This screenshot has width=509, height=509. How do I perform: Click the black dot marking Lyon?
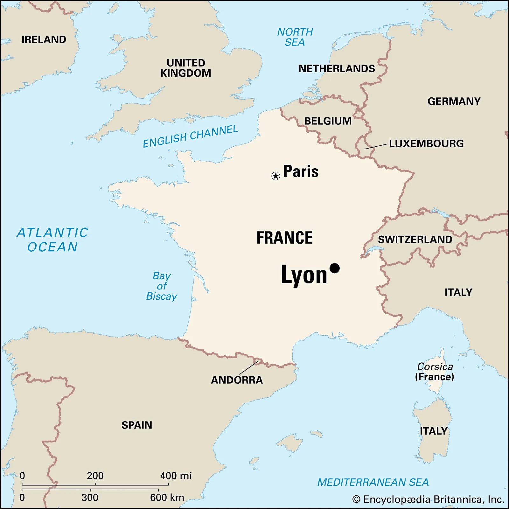(334, 268)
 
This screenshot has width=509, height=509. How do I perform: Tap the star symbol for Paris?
(275, 176)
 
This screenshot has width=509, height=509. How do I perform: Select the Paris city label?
(301, 171)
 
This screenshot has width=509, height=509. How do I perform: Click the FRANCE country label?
(284, 238)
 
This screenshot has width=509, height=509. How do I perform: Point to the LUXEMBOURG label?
(426, 143)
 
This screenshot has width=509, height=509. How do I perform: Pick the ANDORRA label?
(237, 380)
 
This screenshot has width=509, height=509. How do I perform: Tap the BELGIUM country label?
(328, 121)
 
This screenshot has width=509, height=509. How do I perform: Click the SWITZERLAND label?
(415, 240)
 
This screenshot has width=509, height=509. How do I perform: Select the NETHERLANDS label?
(336, 68)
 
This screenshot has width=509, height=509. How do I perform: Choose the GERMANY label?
(454, 101)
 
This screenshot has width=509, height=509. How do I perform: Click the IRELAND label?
(44, 39)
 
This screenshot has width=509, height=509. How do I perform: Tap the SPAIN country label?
(137, 425)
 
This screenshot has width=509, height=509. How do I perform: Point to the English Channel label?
(190, 136)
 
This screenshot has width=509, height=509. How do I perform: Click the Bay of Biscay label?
(162, 286)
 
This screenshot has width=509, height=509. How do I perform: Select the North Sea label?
(295, 37)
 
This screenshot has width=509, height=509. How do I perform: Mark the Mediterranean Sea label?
(373, 482)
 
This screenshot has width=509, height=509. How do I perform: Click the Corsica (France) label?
(435, 372)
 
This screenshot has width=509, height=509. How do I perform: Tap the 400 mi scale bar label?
(176, 476)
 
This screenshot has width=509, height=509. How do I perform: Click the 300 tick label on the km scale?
(90, 497)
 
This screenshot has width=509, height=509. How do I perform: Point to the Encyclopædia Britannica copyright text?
(428, 499)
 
